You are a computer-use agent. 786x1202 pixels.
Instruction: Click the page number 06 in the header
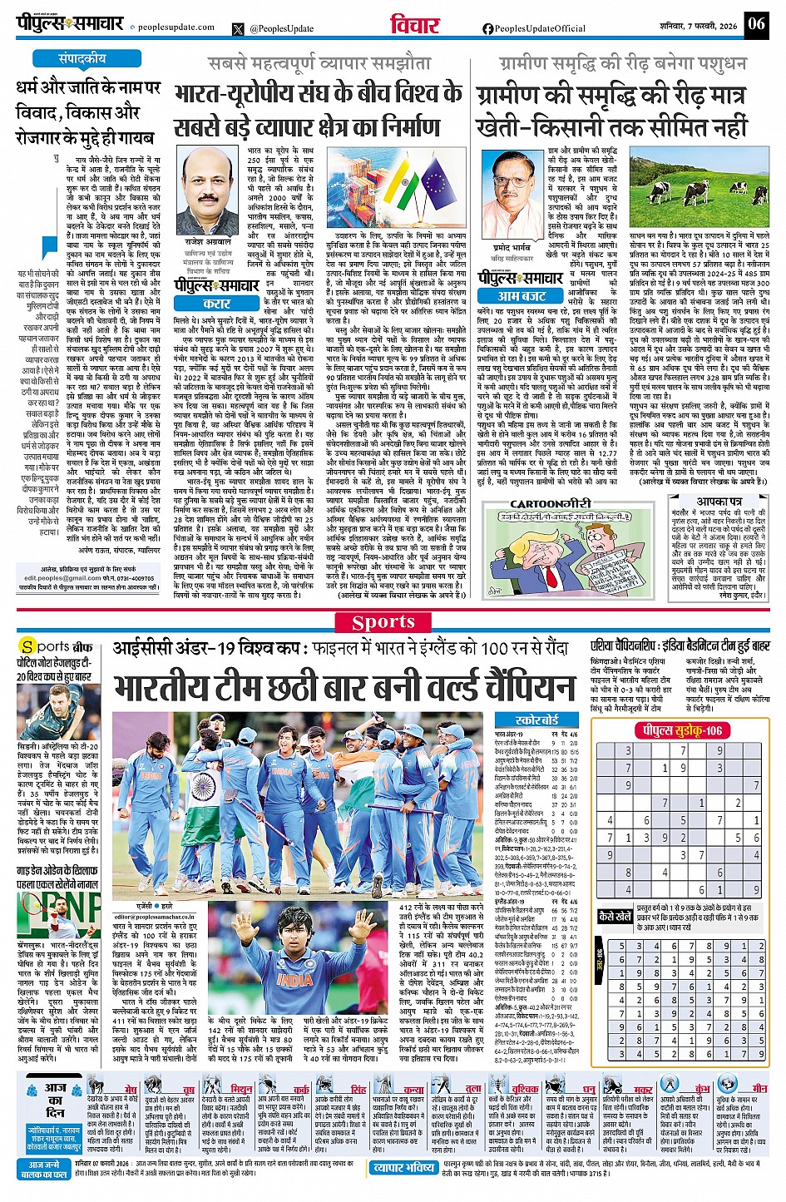[x=755, y=23]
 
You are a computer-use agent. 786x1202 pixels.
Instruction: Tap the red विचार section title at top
[x=414, y=26]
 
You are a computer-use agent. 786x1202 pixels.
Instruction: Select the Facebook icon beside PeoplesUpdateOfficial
[x=488, y=28]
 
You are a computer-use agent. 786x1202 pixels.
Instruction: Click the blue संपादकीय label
[x=82, y=59]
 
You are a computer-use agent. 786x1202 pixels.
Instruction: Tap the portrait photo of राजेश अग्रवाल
[x=205, y=193]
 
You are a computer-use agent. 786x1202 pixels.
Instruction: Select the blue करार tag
[x=216, y=304]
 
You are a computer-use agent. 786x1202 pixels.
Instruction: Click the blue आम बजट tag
[x=522, y=295]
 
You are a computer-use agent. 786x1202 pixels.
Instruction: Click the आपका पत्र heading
[x=719, y=502]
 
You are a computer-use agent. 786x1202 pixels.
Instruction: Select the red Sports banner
[x=383, y=622]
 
